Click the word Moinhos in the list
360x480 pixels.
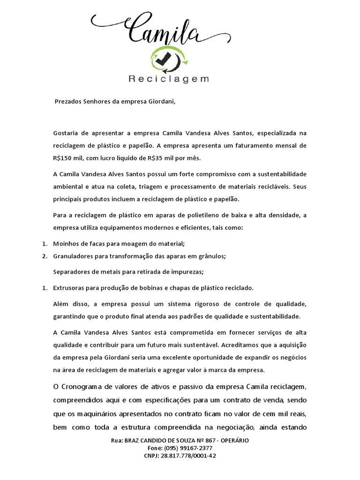(67, 243)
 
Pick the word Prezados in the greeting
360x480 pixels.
(68, 101)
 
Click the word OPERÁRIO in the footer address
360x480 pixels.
(232, 441)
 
